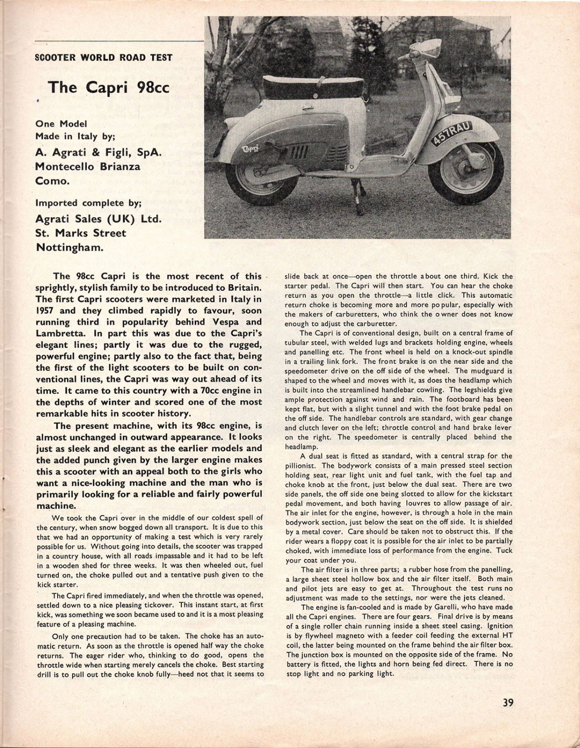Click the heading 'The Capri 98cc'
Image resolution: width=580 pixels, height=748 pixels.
tap(101, 87)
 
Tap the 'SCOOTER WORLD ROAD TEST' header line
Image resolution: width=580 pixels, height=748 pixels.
tap(104, 57)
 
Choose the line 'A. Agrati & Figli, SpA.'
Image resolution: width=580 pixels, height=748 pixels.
tap(99, 152)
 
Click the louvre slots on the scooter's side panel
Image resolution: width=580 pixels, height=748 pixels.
tap(296, 153)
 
